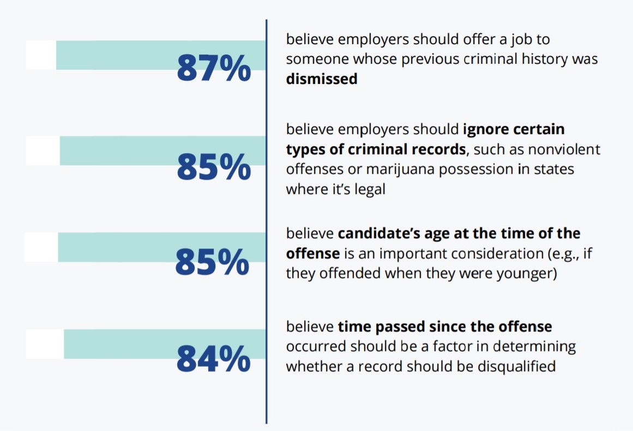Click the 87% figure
(x=214, y=69)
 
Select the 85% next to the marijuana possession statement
(x=214, y=167)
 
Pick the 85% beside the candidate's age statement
(x=212, y=262)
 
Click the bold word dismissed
(x=322, y=79)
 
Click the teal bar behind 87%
(x=136, y=54)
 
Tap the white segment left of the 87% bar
(x=40, y=54)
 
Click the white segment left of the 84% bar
(x=45, y=344)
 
